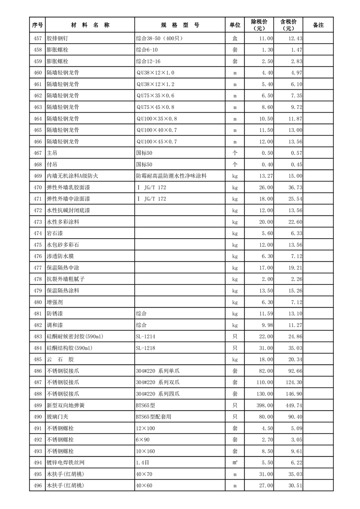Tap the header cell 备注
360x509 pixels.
point(318,25)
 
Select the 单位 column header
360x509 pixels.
point(235,25)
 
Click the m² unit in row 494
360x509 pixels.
point(235,462)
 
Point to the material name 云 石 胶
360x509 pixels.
point(60,359)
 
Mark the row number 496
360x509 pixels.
point(38,485)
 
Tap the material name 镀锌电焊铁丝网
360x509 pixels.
point(66,462)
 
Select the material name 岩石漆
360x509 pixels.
point(55,233)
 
